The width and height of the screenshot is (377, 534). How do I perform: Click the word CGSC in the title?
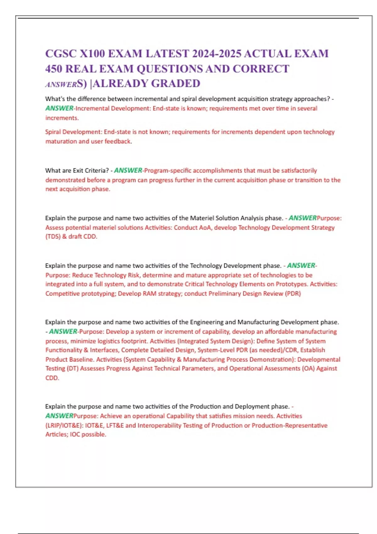point(61,54)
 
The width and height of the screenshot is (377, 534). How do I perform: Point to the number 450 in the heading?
point(54,69)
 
